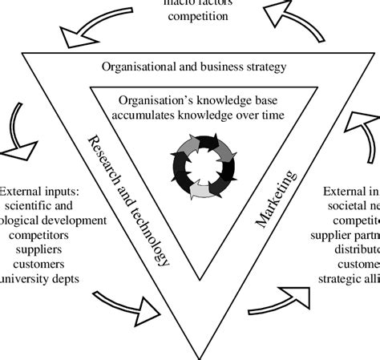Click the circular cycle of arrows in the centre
pos(203,167)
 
